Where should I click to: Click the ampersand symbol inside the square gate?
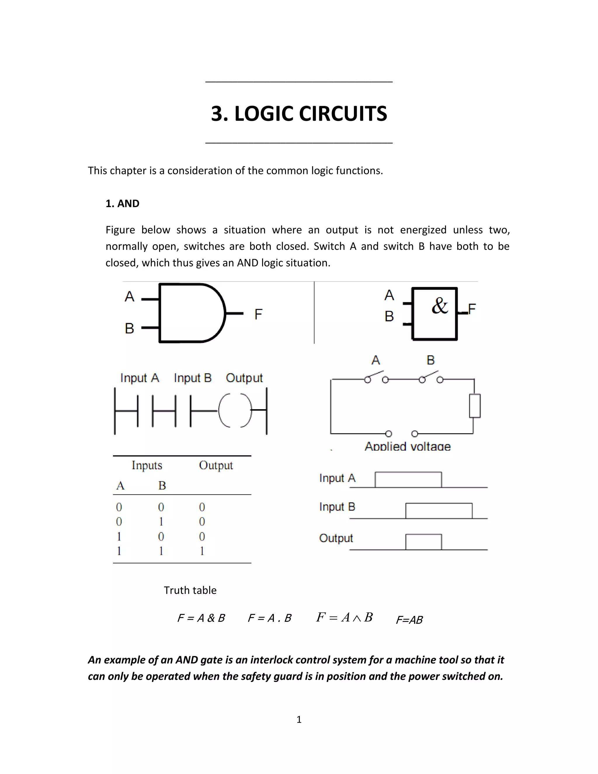440,306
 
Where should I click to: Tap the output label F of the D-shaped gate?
258,314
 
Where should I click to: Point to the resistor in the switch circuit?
475,406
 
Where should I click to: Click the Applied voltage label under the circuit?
407,446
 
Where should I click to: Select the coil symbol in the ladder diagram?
235,410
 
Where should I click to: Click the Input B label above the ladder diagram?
192,378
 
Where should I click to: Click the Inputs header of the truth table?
147,465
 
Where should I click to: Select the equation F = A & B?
201,618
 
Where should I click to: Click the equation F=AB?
409,620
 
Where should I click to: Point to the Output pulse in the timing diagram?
423,542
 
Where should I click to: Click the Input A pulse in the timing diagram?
408,480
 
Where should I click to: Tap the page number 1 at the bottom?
299,719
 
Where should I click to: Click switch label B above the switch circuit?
430,360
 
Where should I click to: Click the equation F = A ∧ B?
344,617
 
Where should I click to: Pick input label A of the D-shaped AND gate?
129,296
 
